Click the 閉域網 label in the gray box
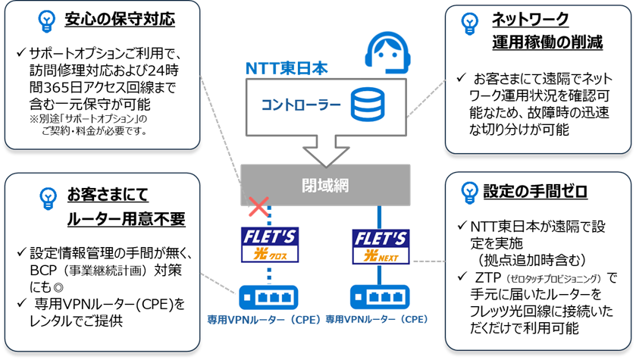[x=324, y=184]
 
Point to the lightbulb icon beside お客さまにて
[x=45, y=196]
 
